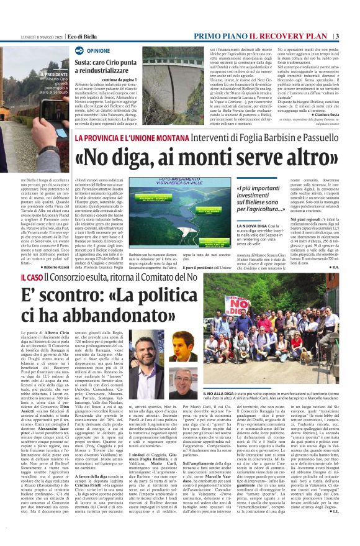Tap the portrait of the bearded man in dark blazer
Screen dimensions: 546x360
tap(184, 345)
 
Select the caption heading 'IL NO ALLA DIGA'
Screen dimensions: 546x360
tap(236, 394)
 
